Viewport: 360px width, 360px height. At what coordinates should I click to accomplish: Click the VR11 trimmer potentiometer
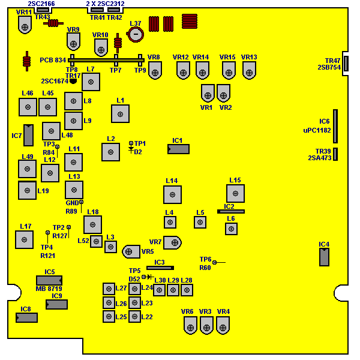[x=25, y=25]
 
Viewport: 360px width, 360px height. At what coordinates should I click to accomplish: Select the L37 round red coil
[x=136, y=34]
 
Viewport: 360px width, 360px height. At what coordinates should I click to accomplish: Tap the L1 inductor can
[x=120, y=114]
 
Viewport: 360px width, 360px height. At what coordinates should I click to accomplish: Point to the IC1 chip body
[x=178, y=149]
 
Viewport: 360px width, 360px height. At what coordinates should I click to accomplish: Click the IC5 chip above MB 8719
[x=49, y=281]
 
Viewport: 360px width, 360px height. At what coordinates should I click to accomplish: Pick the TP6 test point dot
[x=214, y=262]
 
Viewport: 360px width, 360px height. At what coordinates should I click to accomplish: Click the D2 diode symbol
[x=131, y=149]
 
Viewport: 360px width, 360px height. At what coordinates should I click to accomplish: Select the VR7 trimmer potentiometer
[x=172, y=242]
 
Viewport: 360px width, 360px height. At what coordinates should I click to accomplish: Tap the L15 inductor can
[x=235, y=193]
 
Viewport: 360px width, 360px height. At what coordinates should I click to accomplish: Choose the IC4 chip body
[x=324, y=257]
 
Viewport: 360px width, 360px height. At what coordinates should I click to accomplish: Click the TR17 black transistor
[x=73, y=81]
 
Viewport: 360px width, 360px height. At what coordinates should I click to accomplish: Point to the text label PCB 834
[x=53, y=60]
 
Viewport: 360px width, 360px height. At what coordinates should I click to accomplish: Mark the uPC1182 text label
[x=317, y=130]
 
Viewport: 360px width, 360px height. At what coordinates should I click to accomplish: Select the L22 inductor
[x=134, y=317]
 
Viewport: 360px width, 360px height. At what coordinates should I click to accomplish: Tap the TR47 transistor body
[x=346, y=64]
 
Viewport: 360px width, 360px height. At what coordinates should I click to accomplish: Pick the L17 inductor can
[x=24, y=239]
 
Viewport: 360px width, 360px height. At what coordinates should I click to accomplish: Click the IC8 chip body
[x=26, y=318]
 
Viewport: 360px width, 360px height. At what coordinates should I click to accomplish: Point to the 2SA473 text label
[x=320, y=158]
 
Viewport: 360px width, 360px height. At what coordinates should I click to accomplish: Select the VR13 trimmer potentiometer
[x=249, y=70]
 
